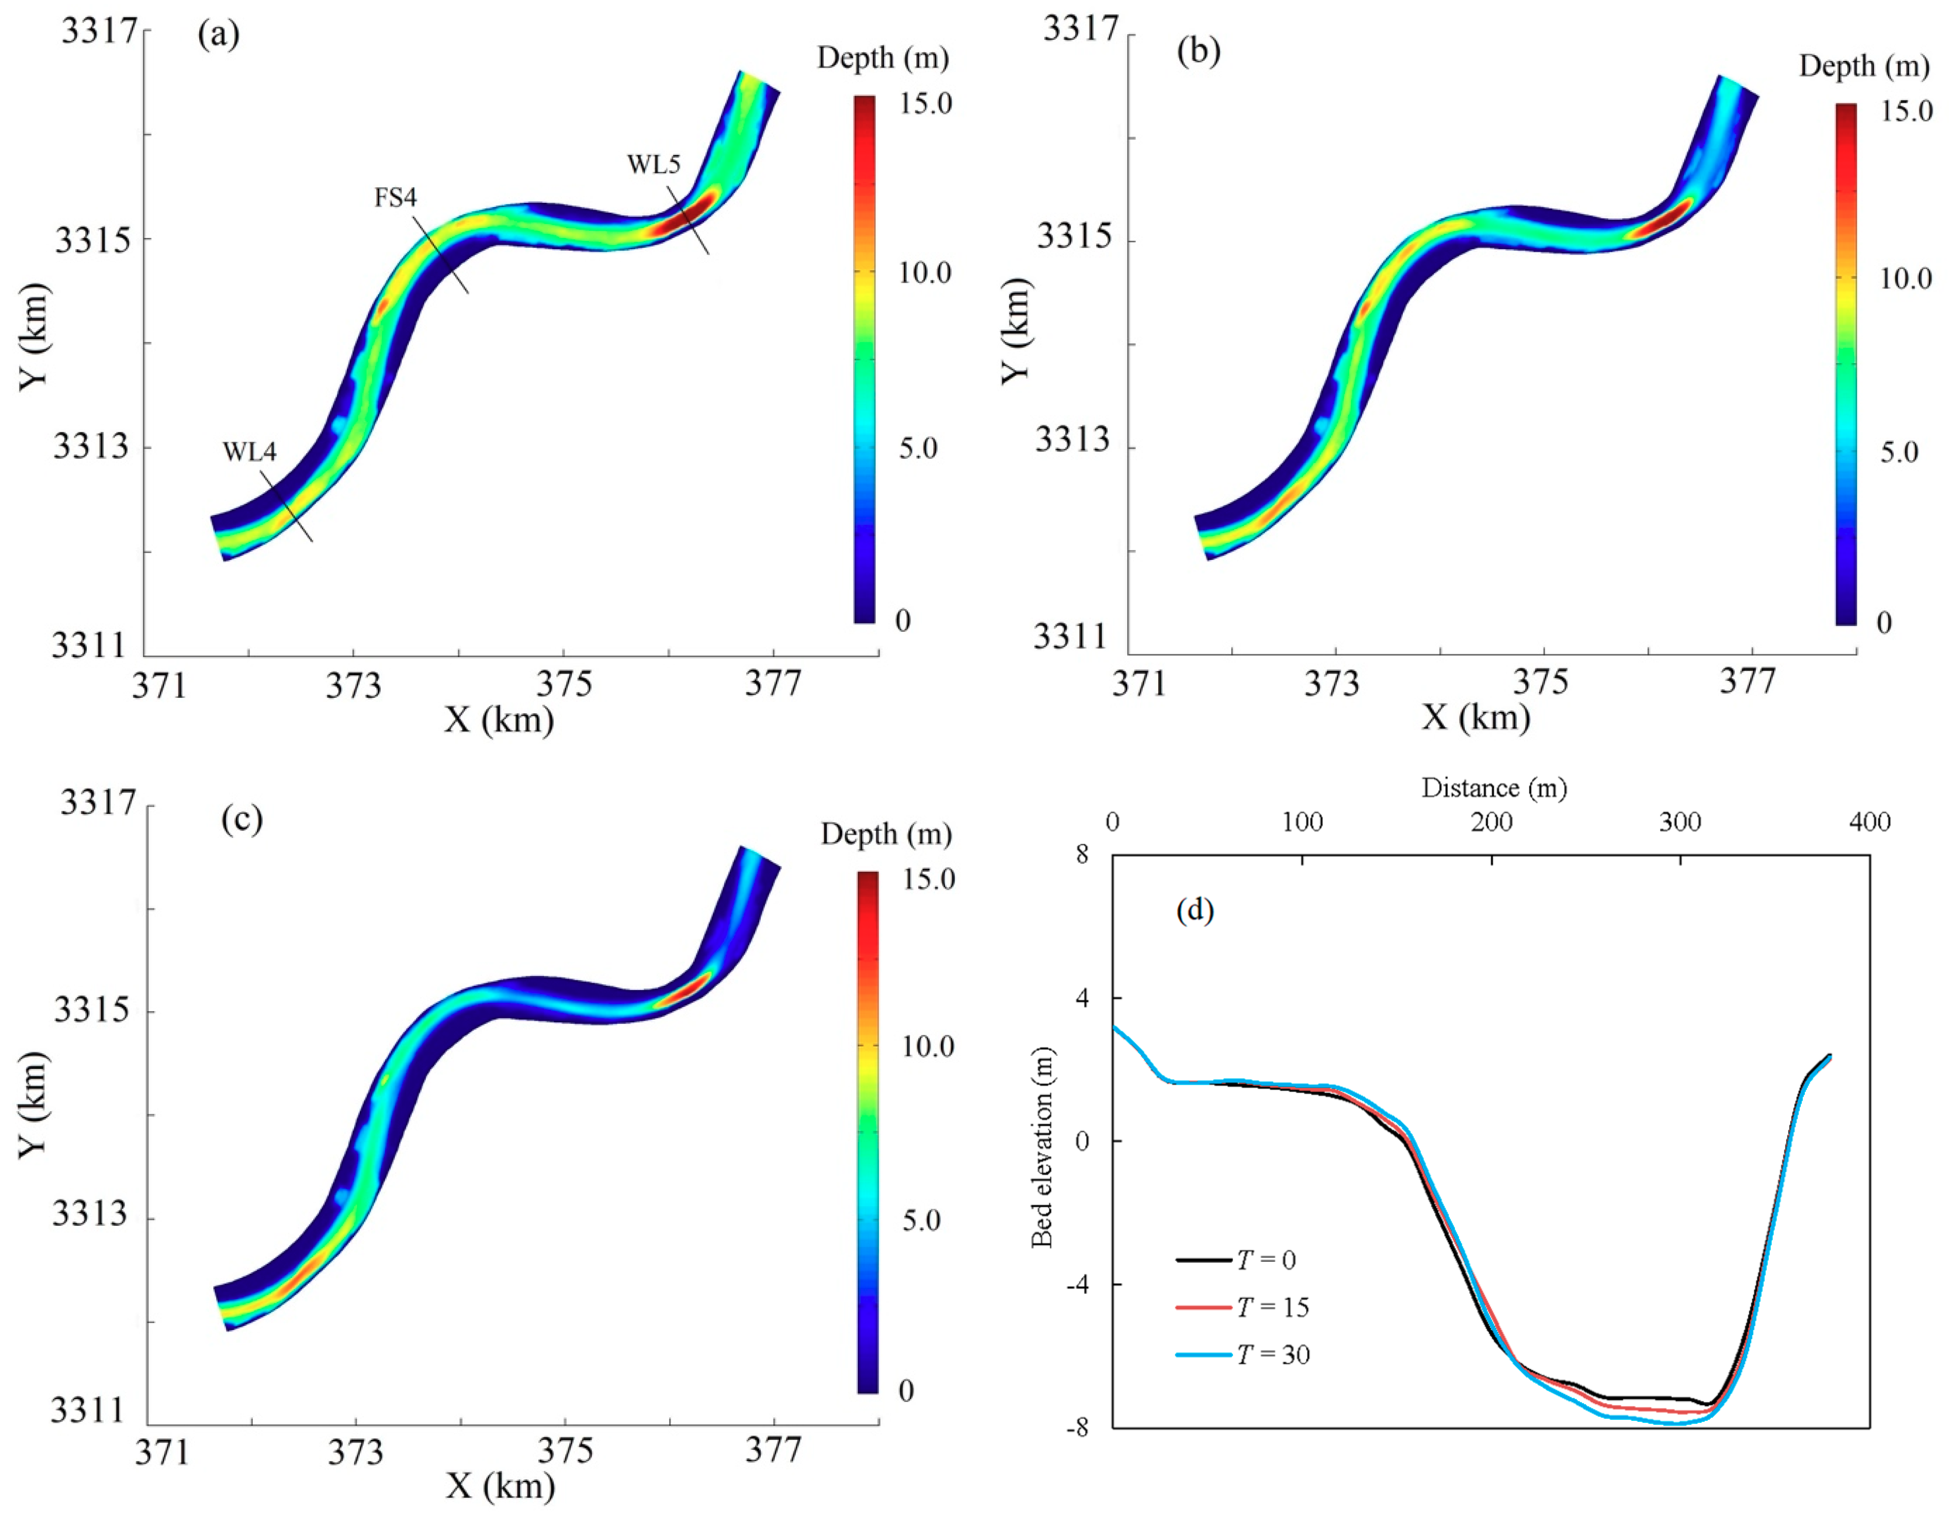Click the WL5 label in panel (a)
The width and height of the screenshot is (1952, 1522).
click(x=653, y=165)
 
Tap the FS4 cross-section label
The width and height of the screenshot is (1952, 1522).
click(x=395, y=197)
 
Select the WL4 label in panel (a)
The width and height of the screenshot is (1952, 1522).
click(x=249, y=452)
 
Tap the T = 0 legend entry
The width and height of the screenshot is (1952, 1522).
click(x=1266, y=1260)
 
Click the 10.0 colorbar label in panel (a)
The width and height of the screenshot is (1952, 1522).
click(x=925, y=273)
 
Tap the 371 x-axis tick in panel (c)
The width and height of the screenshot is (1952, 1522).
click(x=162, y=1454)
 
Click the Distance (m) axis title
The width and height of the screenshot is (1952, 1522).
click(x=1494, y=788)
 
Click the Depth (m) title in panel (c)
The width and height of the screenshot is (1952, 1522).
click(x=886, y=834)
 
